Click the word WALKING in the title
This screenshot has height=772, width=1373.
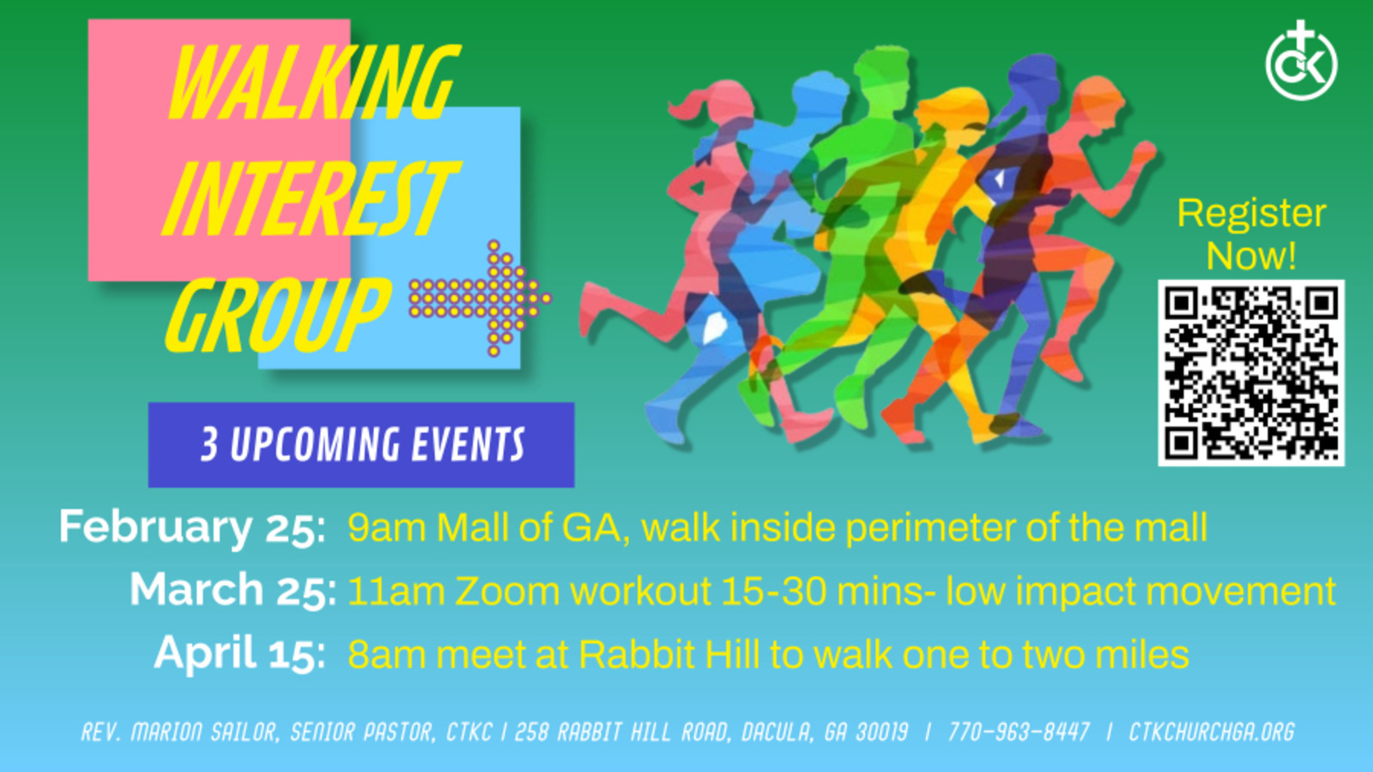314,82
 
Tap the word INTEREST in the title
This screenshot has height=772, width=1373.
310,198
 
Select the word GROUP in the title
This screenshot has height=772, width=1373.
277,315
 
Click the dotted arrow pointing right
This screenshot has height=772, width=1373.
480,299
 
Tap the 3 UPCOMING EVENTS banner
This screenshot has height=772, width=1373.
361,445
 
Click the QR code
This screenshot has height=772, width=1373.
1251,373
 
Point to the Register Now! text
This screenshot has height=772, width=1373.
1251,234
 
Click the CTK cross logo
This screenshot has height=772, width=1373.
1301,61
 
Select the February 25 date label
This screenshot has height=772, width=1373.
192,527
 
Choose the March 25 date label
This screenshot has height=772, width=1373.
233,590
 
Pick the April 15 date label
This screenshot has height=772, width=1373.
239,654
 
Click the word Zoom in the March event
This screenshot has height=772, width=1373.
507,591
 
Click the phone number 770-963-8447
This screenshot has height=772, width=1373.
1019,733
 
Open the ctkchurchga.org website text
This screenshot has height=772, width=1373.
1212,733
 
